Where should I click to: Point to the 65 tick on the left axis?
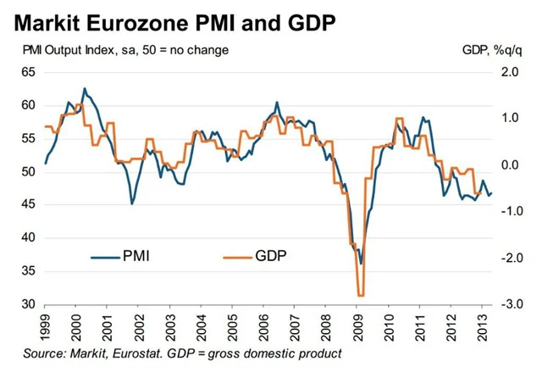coord(28,72)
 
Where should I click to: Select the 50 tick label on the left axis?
coord(28,171)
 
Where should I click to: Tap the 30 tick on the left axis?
coord(28,304)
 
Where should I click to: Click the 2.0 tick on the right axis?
coord(509,72)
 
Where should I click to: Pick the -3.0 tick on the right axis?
coord(507,304)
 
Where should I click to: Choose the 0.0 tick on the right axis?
coord(509,164)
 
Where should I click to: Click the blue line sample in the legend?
coord(105,253)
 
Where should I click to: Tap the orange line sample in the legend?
coord(236,253)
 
